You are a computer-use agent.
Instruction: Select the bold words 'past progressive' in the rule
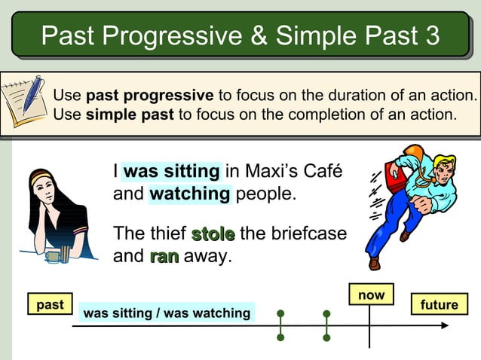click(149, 96)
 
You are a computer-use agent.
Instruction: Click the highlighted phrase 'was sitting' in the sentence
click(172, 172)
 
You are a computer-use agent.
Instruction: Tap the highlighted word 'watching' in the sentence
click(190, 194)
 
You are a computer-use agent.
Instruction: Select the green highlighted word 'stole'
click(213, 233)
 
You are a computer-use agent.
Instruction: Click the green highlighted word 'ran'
click(164, 256)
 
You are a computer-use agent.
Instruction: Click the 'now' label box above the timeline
click(370, 295)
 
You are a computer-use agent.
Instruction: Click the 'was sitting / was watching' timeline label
click(167, 313)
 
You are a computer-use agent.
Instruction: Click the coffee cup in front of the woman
click(53, 256)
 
